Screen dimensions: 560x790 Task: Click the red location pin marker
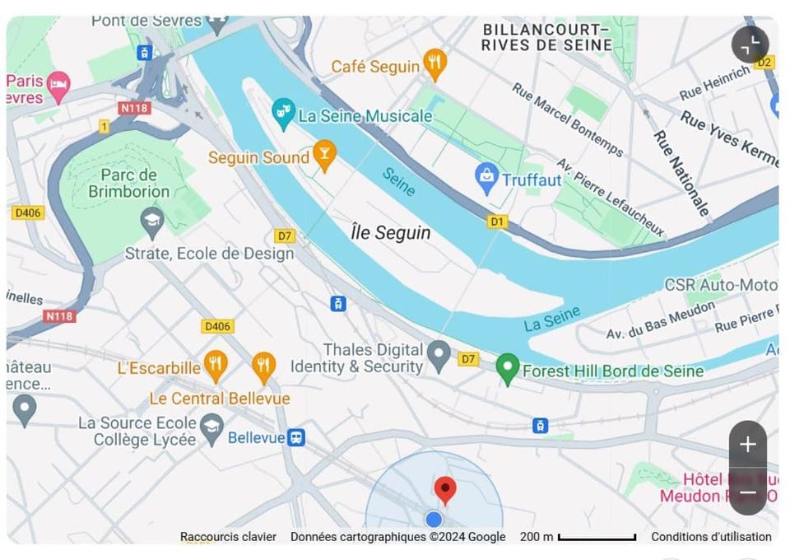tap(445, 490)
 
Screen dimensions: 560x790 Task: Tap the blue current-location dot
tap(434, 519)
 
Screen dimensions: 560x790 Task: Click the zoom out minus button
tap(747, 493)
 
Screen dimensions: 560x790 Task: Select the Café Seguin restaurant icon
tap(434, 63)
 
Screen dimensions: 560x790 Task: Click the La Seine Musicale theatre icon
tap(283, 114)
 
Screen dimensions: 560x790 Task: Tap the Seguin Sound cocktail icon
tap(325, 156)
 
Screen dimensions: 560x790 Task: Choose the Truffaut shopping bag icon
tap(487, 178)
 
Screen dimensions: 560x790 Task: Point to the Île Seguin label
tap(390, 233)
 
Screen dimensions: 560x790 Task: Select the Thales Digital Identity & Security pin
tap(440, 355)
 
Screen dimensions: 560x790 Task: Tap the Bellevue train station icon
tap(296, 437)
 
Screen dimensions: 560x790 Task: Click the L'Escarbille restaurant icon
tap(216, 366)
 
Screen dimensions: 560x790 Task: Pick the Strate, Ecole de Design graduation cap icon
tap(152, 220)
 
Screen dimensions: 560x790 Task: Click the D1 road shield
tap(496, 222)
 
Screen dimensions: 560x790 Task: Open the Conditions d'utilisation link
tap(711, 537)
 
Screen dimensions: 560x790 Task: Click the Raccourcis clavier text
tap(228, 537)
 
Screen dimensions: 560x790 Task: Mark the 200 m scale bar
tap(597, 538)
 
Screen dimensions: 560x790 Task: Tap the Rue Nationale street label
tap(682, 173)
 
